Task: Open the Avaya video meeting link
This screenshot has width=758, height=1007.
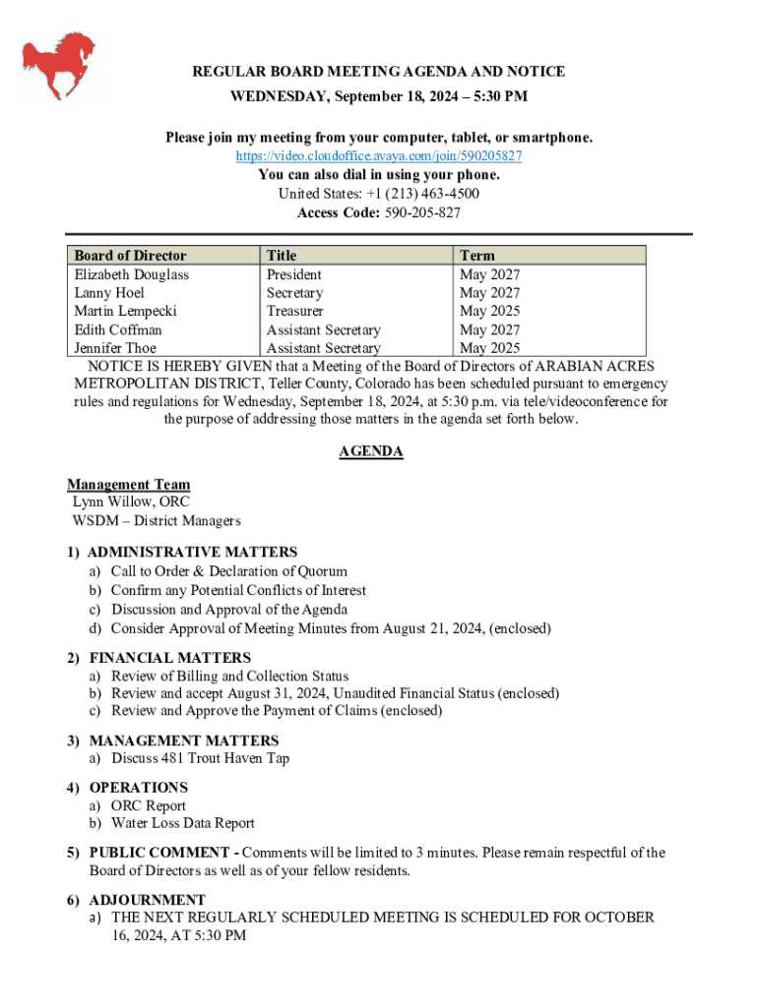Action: [x=379, y=156]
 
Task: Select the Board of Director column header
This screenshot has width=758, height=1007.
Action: [x=130, y=256]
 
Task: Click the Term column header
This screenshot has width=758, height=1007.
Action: [x=477, y=256]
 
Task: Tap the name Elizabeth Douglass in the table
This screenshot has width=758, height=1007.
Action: [x=132, y=274]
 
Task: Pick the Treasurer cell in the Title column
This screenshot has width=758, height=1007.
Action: [x=294, y=311]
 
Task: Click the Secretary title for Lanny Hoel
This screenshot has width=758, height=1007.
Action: [x=294, y=293]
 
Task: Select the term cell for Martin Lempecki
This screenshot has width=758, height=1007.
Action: [x=489, y=311]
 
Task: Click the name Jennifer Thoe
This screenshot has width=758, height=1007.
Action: [x=115, y=348]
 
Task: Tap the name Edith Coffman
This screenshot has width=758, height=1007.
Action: [x=118, y=329]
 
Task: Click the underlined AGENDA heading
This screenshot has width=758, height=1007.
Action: [x=371, y=451]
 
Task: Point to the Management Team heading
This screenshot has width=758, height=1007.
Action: [x=128, y=484]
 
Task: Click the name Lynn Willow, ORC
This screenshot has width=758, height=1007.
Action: [x=124, y=502]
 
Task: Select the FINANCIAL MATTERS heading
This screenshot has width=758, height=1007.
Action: [x=170, y=657]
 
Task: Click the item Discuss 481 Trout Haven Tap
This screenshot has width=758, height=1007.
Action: [x=200, y=758]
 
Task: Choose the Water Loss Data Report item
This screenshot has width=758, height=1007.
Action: [x=182, y=823]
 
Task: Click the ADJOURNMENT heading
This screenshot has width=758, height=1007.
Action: [x=148, y=900]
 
